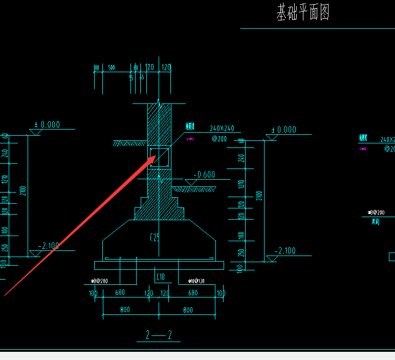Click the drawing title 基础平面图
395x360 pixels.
point(303,13)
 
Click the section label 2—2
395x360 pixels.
point(159,335)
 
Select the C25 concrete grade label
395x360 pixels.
point(155,238)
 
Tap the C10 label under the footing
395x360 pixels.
point(160,277)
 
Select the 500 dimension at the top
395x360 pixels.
point(111,68)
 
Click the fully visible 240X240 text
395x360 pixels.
point(222,129)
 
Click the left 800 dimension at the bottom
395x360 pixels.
point(125,310)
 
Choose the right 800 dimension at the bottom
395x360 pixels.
point(188,310)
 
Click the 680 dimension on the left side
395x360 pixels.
point(120,293)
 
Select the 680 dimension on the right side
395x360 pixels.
point(193,293)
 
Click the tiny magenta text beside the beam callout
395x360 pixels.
point(190,139)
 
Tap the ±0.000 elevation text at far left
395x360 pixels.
point(47,124)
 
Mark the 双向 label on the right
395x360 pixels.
point(376,222)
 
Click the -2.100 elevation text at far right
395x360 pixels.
point(285,250)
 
